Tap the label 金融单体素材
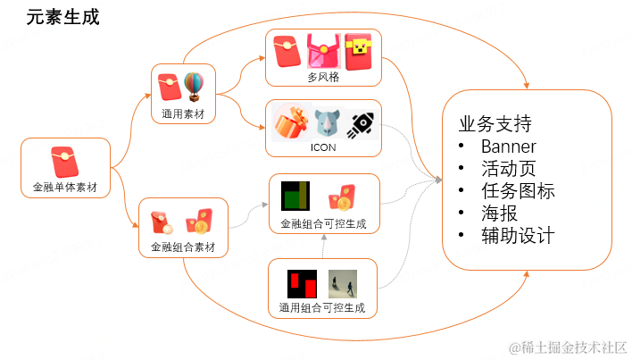65,188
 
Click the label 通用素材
183,113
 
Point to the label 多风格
322,78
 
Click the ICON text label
323,147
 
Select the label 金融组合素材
184,246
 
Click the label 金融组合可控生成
323,223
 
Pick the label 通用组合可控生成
322,308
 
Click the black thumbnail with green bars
295,196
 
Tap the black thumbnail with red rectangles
302,283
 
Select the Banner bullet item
508,147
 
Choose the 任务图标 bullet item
517,191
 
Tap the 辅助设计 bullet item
517,236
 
